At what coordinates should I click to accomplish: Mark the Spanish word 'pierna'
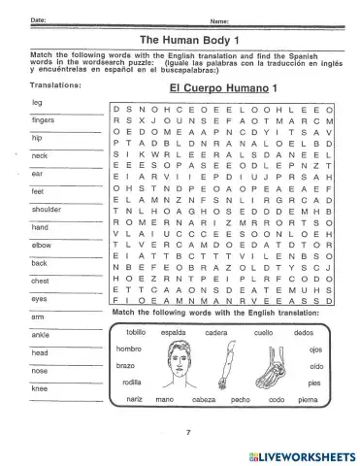pyautogui.click(x=308, y=399)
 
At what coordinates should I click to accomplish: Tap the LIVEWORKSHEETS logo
pyautogui.click(x=300, y=453)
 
